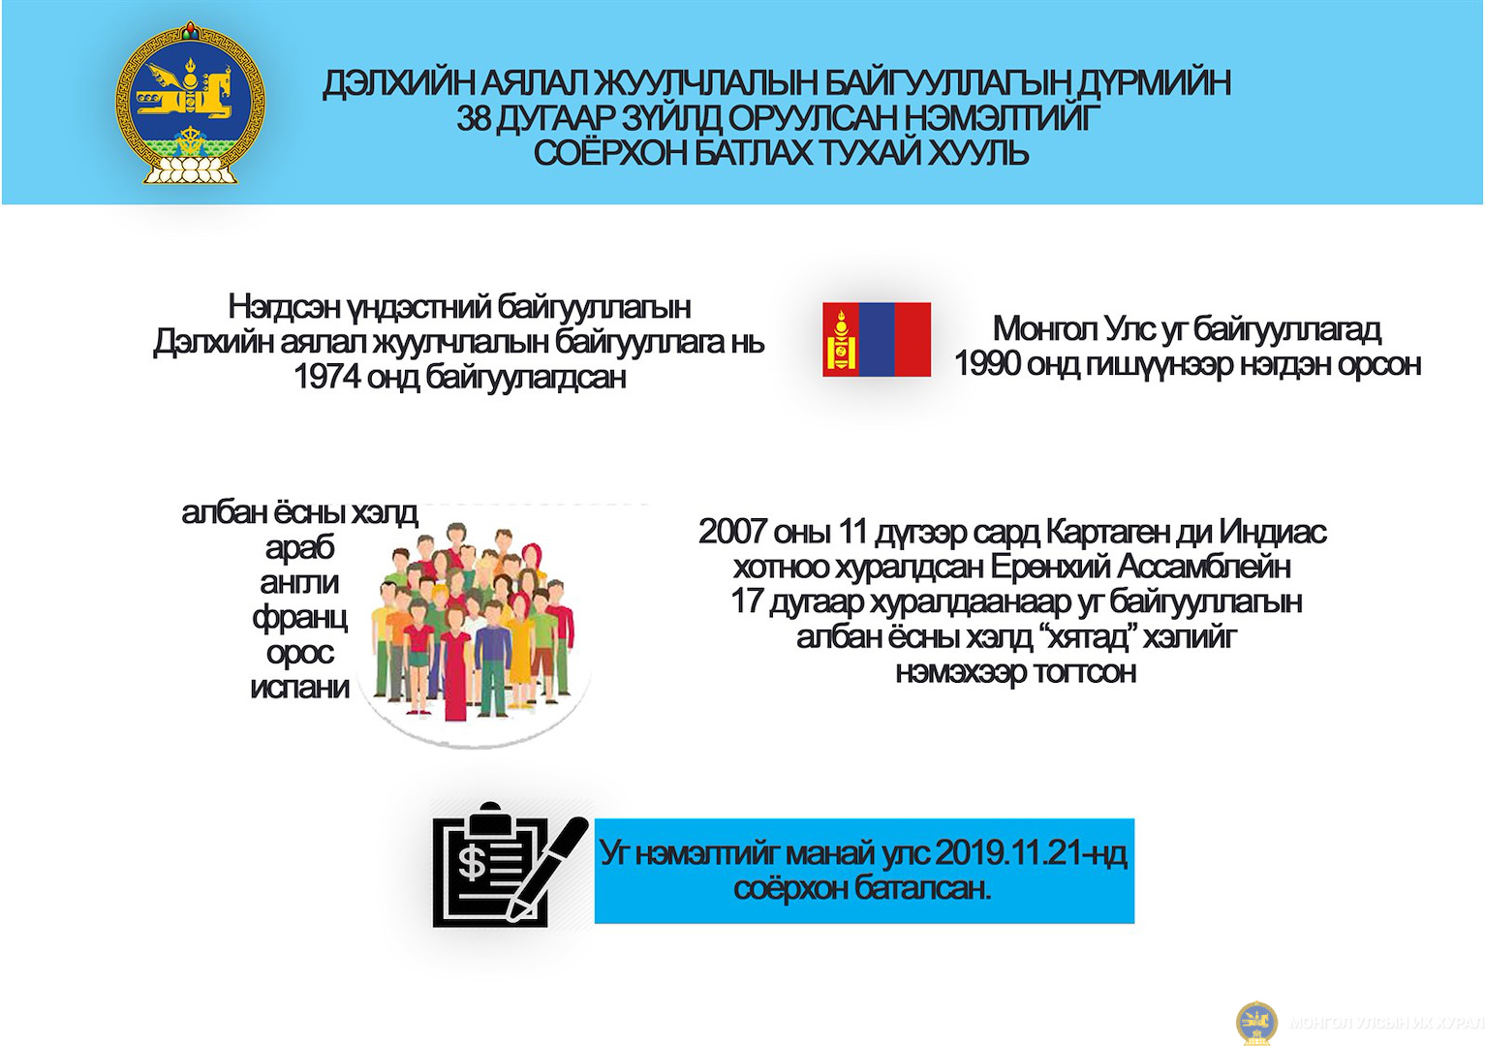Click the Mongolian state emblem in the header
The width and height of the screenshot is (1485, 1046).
click(x=190, y=103)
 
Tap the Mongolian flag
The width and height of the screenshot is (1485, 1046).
click(x=877, y=339)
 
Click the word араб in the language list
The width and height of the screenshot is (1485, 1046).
click(x=299, y=548)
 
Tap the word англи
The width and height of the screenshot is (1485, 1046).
click(x=299, y=583)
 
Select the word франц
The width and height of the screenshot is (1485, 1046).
click(x=299, y=619)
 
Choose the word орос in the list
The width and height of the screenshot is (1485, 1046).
click(x=299, y=654)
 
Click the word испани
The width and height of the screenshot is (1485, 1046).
click(x=299, y=688)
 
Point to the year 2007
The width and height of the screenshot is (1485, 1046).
click(x=733, y=533)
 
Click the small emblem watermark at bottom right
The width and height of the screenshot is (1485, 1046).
click(x=1256, y=1023)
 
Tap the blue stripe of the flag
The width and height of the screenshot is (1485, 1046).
click(x=877, y=339)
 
